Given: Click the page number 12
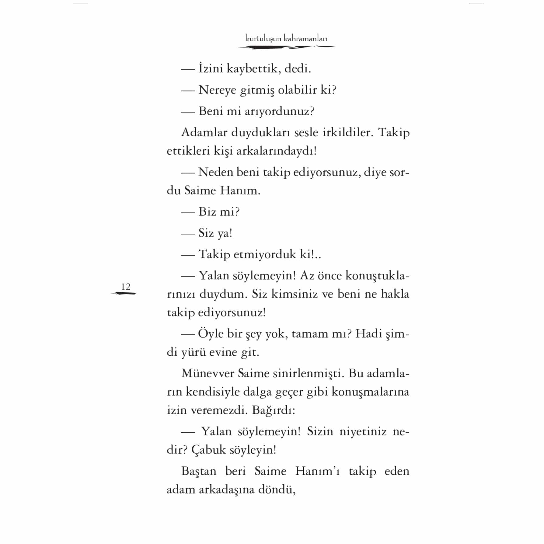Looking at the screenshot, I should pos(125,287).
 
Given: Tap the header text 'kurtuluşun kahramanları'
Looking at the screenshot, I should pos(286,39).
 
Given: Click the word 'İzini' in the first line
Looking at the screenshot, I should pos(211,69).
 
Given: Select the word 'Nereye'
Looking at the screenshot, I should pos(217,90).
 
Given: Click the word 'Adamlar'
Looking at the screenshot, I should pos(204,133).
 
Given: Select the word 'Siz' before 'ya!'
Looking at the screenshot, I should pos(206,233).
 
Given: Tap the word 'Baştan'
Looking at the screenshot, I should pos(198,471).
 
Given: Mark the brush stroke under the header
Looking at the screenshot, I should pos(286,47).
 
